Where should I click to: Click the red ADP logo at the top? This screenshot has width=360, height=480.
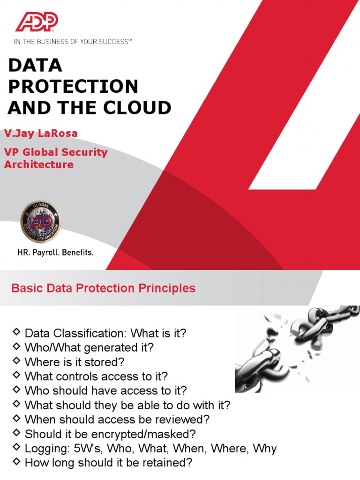point(37,22)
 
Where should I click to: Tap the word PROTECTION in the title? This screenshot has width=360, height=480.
point(73,86)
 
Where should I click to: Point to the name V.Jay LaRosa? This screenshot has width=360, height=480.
point(41,134)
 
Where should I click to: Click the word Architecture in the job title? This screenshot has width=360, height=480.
point(39,165)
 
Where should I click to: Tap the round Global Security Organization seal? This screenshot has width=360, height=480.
point(40,222)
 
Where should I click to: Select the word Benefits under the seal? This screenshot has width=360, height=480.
point(78,252)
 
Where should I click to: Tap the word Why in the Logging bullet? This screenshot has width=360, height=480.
point(265,449)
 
